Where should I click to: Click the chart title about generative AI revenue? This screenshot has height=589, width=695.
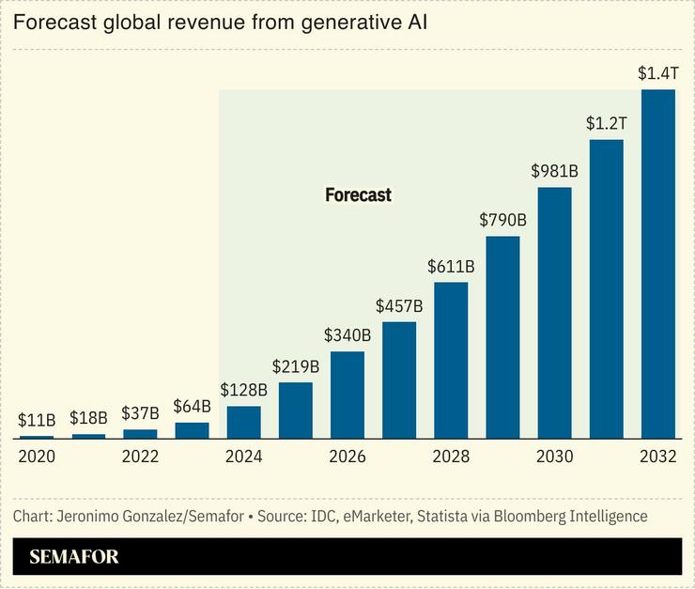tap(220, 23)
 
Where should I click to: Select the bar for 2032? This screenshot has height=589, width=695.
tap(657, 264)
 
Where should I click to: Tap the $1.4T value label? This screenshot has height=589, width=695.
tap(657, 72)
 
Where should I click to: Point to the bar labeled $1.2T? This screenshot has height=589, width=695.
tap(606, 289)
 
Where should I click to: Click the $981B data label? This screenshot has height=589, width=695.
tap(554, 171)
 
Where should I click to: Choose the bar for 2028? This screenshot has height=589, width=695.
tap(451, 361)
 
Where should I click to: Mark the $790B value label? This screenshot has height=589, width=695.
tap(502, 220)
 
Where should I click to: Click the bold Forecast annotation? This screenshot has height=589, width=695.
tap(358, 195)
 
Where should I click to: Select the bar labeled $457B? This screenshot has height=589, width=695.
tap(399, 380)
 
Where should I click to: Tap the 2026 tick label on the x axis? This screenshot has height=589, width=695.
tap(347, 457)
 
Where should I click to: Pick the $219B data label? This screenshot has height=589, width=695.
tap(296, 366)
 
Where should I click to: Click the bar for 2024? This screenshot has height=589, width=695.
tap(244, 422)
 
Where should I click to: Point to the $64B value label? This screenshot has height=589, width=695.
tap(192, 407)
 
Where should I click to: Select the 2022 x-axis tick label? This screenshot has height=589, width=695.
tap(141, 457)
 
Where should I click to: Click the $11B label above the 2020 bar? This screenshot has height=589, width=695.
tap(37, 420)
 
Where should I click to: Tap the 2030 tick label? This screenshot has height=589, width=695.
tap(554, 457)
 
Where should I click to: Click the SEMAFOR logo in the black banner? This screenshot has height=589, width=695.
tap(74, 556)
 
